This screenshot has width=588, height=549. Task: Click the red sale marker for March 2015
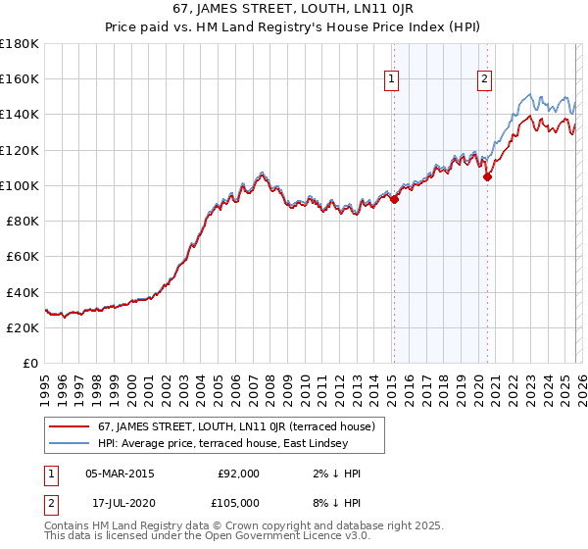(394, 199)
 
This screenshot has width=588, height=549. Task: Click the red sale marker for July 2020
(487, 176)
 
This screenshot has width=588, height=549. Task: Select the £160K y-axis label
(20, 78)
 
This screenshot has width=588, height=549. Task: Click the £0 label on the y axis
(29, 364)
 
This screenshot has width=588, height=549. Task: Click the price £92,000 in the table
(238, 474)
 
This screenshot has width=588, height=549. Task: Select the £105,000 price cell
(238, 503)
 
